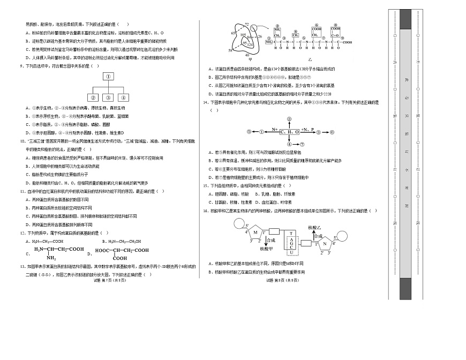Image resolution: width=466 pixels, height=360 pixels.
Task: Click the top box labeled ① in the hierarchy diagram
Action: pyautogui.click(x=108, y=77)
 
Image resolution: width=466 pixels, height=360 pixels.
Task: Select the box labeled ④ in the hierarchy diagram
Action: pyautogui.click(x=123, y=97)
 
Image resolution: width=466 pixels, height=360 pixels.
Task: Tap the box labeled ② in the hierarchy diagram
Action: pyautogui.click(x=93, y=97)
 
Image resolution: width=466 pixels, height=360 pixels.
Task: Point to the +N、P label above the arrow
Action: pyautogui.click(x=307, y=129)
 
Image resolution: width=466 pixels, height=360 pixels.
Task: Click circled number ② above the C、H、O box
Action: pyautogui.click(x=289, y=118)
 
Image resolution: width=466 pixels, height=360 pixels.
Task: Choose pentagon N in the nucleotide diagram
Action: pyautogui.click(x=324, y=242)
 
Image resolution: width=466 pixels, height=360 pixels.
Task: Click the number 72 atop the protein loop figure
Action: pyautogui.click(x=246, y=25)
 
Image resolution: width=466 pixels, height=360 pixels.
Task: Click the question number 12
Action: pyautogui.click(x=22, y=232)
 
